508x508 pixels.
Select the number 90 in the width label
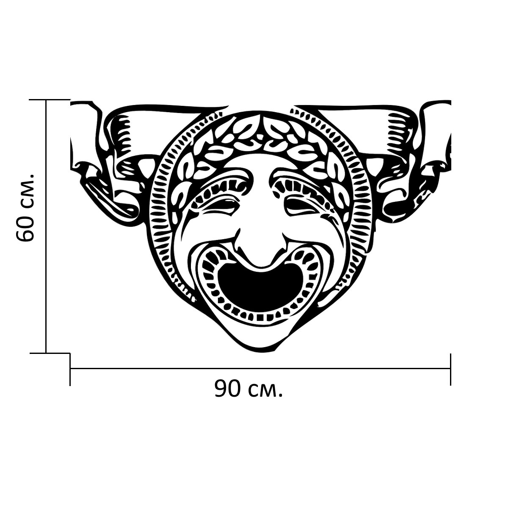[x=229, y=389]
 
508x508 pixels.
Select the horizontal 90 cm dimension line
[x=260, y=368]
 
